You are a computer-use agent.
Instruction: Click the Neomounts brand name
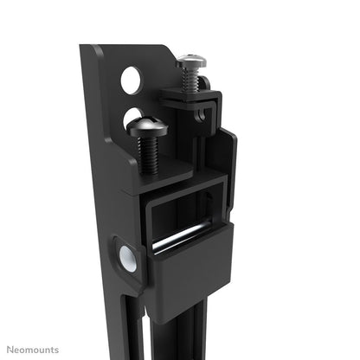coord(31,350)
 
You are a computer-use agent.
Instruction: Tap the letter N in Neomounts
coord(10,350)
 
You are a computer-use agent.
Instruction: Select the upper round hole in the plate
coord(130,80)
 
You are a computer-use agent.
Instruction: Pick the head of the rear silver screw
coord(190,61)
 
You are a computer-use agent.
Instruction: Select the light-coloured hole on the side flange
coord(126,256)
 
